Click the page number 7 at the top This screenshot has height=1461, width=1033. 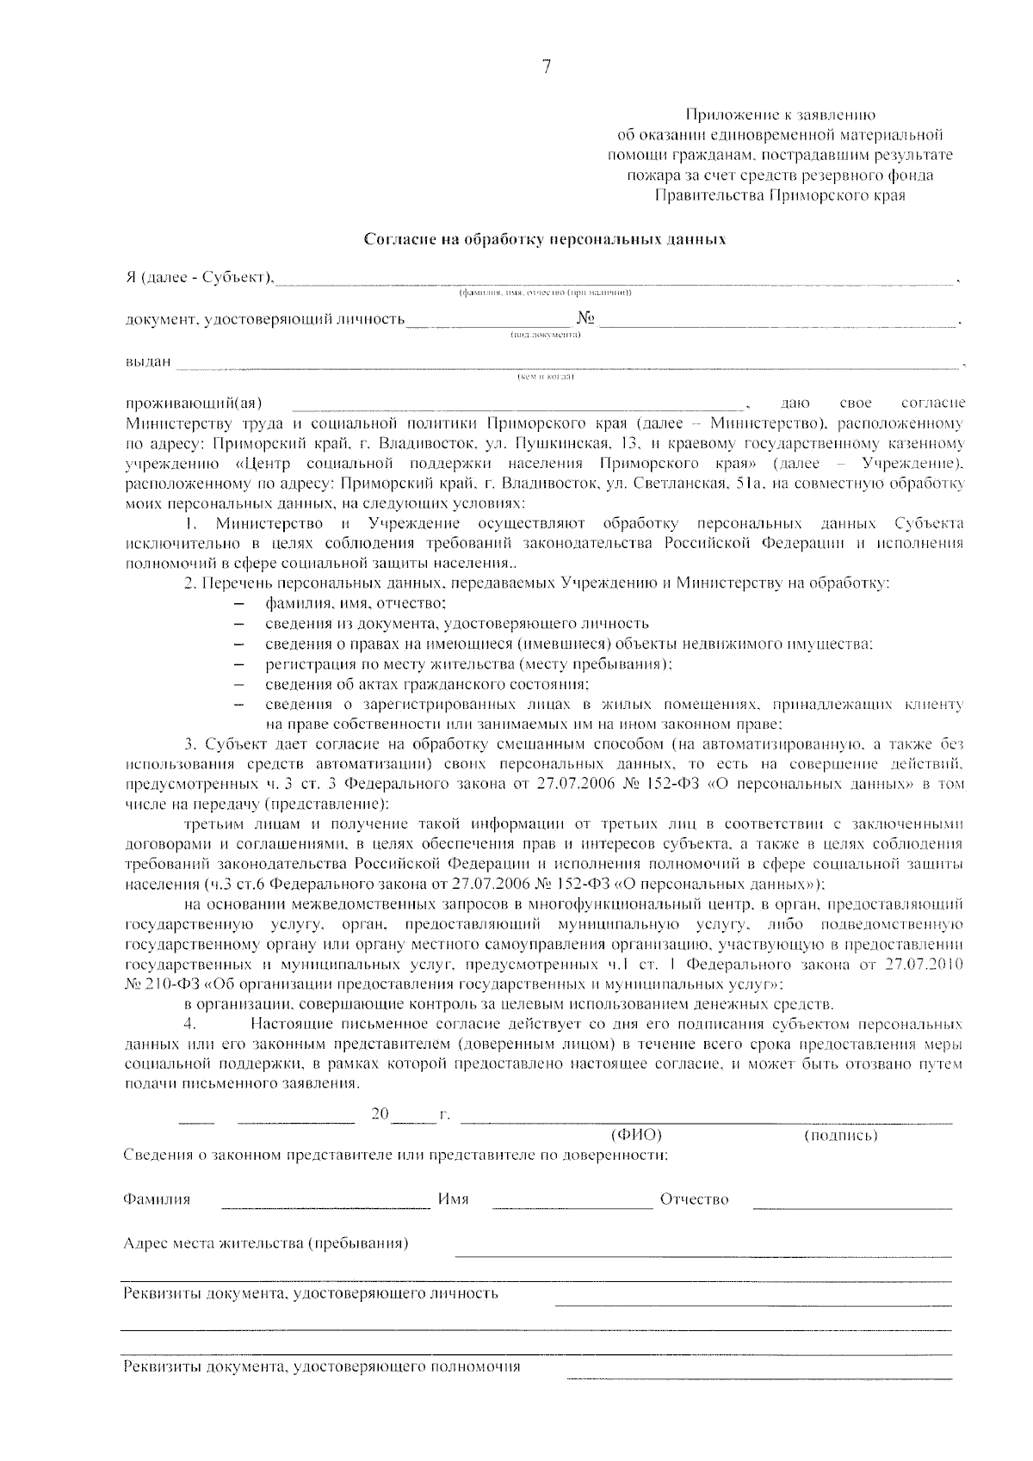coord(545,68)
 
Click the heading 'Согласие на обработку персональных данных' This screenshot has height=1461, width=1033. coord(545,238)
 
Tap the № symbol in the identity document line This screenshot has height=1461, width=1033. coord(586,318)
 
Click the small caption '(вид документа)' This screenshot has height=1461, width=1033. coord(545,335)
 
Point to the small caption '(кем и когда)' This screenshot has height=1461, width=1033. coord(545,377)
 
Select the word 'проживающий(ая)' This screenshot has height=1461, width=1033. coord(194,403)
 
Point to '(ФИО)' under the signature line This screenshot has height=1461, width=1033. coord(636,1135)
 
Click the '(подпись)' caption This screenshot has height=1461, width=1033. coord(840,1136)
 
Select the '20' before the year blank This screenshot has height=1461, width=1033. coord(380,1113)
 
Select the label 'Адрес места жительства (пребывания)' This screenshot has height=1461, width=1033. coord(266,1243)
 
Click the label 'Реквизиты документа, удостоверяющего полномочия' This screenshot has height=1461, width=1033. coord(322,1366)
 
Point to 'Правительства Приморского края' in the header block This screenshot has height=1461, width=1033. coord(780,195)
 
